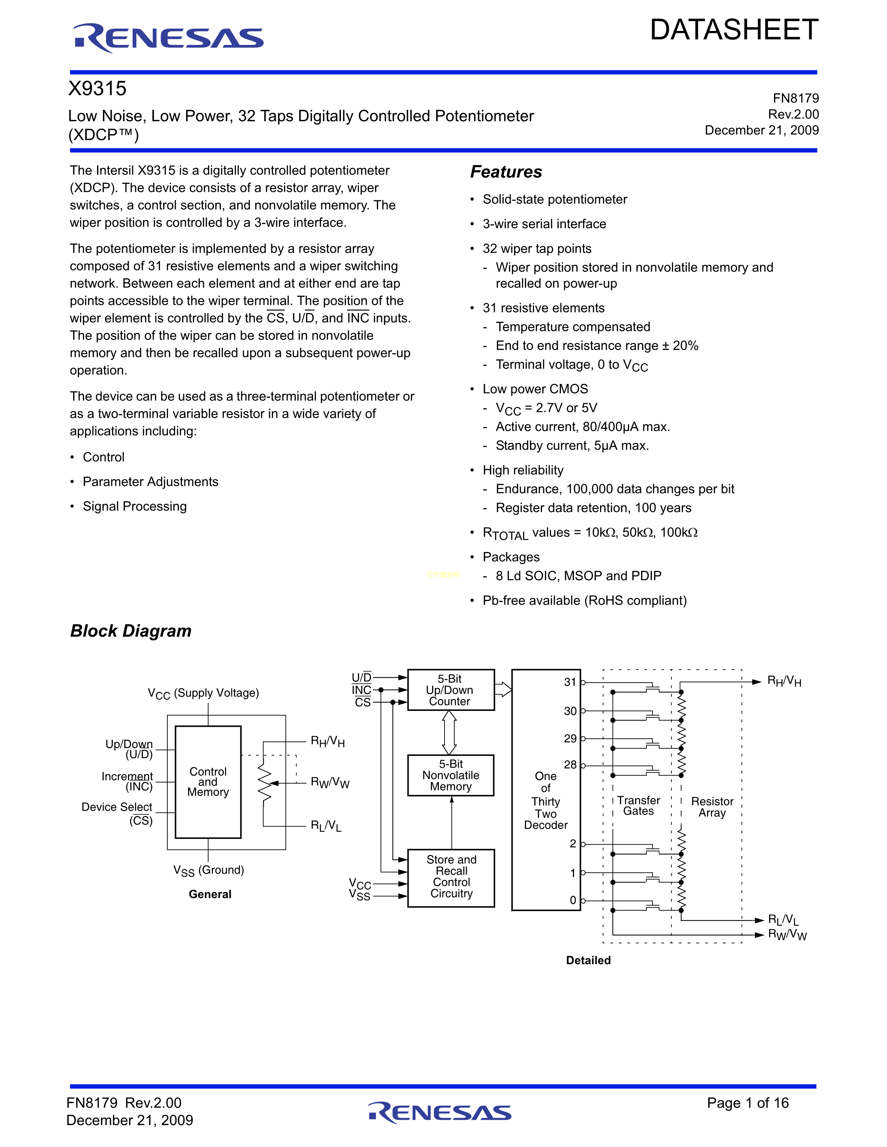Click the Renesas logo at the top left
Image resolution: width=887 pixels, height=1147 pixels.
pos(168,38)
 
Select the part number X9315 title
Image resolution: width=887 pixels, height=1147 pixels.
pos(98,89)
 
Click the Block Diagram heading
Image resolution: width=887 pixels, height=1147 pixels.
pos(131,631)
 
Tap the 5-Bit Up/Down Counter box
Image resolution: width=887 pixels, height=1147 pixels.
pos(450,690)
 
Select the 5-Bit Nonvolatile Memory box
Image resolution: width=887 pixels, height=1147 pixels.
pos(450,775)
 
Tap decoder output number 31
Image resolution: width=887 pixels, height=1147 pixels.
pos(570,682)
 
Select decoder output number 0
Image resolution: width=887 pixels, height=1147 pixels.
pos(573,900)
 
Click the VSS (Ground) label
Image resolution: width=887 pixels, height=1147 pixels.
pos(209,870)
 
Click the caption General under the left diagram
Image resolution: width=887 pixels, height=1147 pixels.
pos(210,894)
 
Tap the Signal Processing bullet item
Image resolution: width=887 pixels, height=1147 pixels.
pos(135,506)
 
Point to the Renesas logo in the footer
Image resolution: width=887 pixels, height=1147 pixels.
pos(439,1112)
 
